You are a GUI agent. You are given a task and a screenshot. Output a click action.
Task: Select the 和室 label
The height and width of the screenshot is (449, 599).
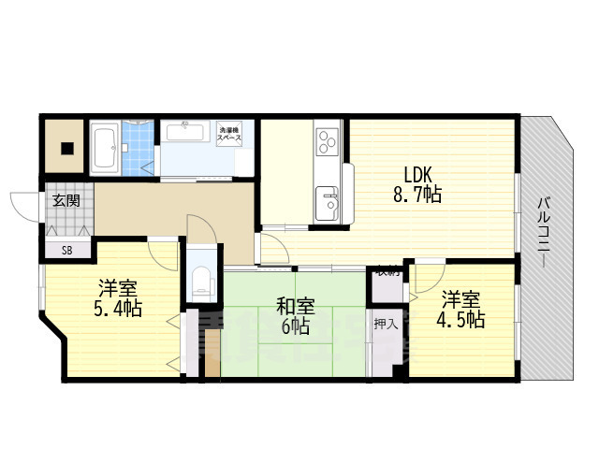295,306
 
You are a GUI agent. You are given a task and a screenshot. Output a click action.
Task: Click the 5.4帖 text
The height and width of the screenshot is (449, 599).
117,308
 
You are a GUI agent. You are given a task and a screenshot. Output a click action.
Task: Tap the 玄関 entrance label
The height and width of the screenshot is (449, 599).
66,200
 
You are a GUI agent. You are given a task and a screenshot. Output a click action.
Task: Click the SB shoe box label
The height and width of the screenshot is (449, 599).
66,250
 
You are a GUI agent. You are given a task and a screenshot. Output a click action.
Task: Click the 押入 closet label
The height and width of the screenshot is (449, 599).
385,325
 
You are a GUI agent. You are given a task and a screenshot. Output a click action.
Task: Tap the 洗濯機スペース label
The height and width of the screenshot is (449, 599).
229,133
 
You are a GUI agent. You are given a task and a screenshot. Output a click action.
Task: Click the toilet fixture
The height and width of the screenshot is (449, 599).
201,278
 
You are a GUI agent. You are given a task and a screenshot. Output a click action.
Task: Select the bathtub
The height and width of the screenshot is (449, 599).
105,147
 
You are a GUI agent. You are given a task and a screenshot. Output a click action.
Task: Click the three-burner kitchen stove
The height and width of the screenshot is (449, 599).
327,141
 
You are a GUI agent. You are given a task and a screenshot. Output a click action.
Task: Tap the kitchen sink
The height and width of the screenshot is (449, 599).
327,199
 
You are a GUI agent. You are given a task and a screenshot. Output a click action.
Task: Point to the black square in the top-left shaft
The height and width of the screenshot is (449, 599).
66,146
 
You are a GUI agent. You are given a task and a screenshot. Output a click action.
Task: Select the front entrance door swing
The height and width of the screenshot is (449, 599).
26,204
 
